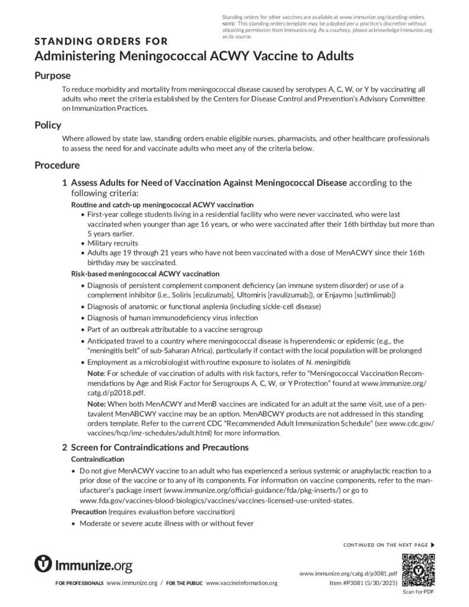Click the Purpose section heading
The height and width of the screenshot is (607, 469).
coord(52,75)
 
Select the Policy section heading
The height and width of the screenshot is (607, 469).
coord(48,125)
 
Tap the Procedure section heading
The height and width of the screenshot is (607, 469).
coord(57,165)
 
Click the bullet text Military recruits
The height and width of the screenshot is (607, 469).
coord(113,243)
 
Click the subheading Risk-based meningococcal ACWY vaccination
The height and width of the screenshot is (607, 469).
coord(145,274)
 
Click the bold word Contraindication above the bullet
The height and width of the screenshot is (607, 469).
coord(98,459)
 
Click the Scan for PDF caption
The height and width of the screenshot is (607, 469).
coord(418,592)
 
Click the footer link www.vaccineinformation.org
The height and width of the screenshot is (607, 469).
coord(242,583)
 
